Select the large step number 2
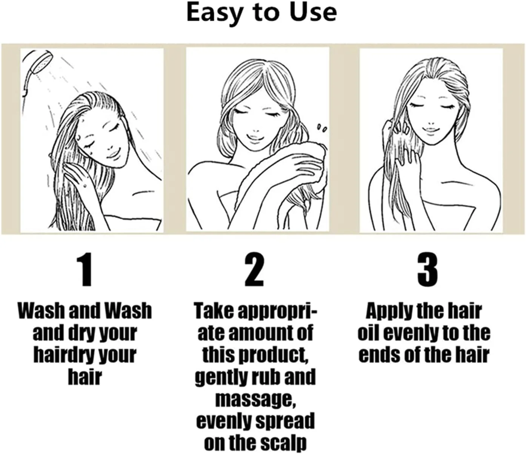click(x=254, y=270)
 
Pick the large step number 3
click(x=428, y=270)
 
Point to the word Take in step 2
click(x=214, y=311)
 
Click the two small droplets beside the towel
click(x=321, y=128)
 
